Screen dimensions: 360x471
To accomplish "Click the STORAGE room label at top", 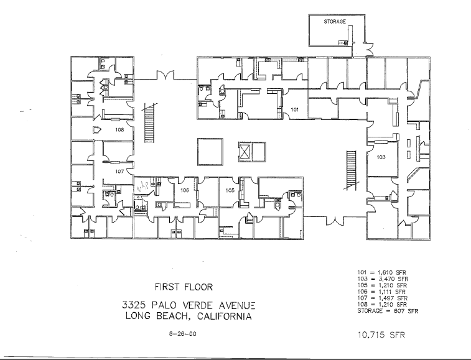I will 335,21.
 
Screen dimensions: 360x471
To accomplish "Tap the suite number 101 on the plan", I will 296,109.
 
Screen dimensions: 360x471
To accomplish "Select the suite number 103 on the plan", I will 381,157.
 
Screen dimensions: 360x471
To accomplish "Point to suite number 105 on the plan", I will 230,191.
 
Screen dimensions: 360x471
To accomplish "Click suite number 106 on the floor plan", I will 184,191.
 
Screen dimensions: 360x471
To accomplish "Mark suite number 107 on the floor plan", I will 120,171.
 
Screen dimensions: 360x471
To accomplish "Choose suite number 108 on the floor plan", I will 119,131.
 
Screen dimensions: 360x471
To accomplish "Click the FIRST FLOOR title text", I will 185,287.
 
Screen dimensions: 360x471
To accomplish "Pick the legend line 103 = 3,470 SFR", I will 382,279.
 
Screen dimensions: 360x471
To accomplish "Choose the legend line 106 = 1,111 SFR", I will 382,290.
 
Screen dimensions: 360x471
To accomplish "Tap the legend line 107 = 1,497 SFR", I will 382,297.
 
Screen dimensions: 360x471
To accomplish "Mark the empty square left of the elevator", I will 210,151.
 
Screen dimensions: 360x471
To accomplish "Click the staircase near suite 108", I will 149,122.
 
